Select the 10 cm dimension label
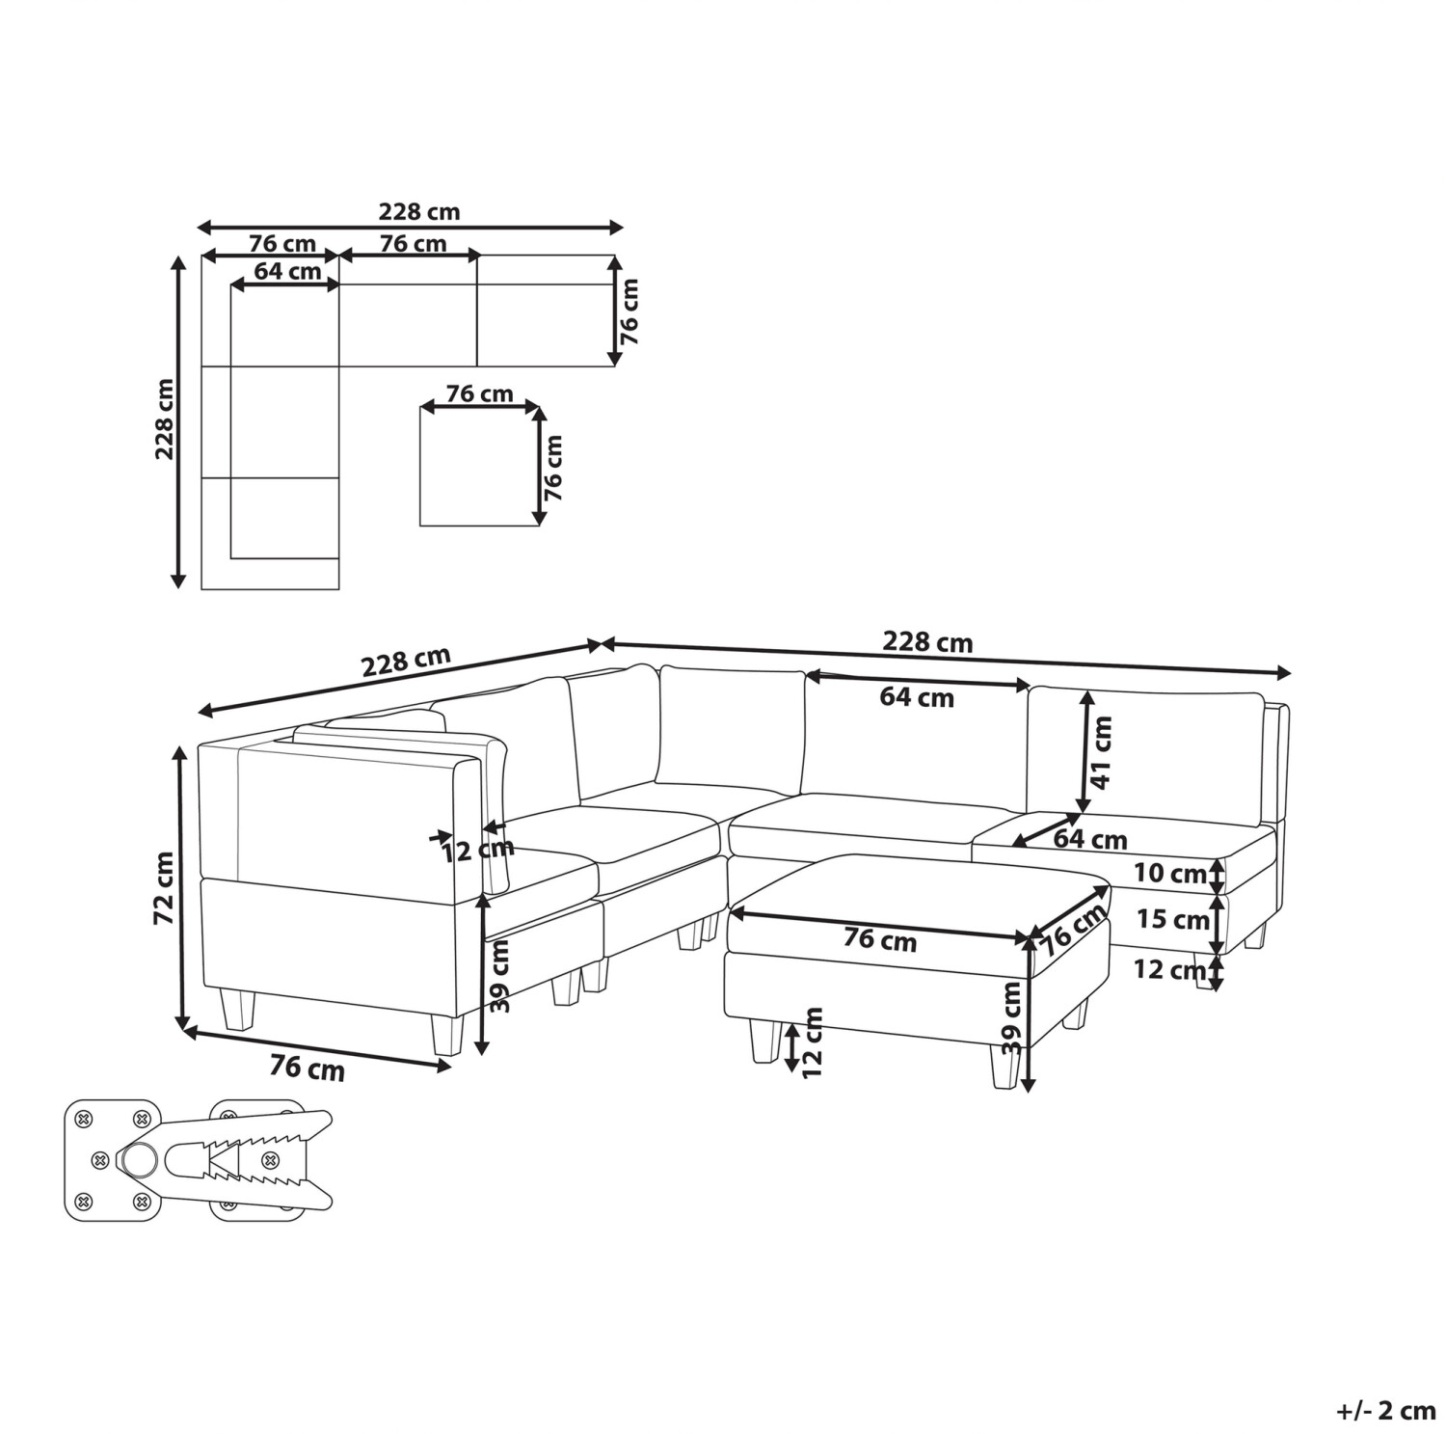[x=1169, y=874]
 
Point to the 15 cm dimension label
[x=1171, y=920]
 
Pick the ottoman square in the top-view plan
[x=479, y=466]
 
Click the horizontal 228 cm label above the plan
[x=418, y=211]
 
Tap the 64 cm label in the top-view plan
[x=287, y=271]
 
